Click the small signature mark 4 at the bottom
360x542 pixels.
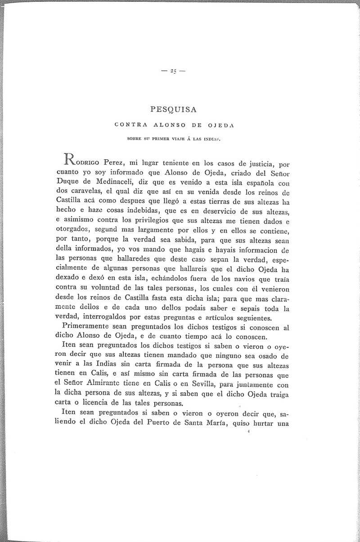coord(248,432)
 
